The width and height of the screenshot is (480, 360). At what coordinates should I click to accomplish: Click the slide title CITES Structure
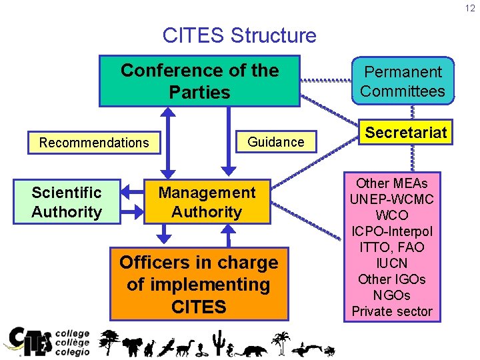[239, 35]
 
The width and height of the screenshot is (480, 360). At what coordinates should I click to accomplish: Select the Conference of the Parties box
[199, 81]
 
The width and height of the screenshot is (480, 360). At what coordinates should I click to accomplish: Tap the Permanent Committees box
[402, 81]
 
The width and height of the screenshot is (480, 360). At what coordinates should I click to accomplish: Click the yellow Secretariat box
[405, 133]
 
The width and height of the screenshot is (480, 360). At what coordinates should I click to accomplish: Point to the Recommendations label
[94, 142]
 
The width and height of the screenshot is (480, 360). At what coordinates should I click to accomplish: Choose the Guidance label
[275, 141]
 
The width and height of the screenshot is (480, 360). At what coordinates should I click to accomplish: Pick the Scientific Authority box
[66, 202]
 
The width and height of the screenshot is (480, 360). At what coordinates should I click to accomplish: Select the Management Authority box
[207, 202]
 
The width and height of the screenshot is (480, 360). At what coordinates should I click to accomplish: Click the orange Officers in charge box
[199, 285]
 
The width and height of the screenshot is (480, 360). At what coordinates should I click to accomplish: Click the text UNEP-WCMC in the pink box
[392, 199]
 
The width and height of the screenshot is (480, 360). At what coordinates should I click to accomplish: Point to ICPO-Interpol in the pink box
[392, 231]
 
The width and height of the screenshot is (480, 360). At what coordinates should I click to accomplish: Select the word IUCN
[392, 263]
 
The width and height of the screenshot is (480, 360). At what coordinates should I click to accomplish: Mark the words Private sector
[392, 311]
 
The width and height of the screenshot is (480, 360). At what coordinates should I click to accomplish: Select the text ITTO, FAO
[392, 247]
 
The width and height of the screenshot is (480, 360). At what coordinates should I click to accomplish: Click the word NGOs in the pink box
[392, 295]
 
